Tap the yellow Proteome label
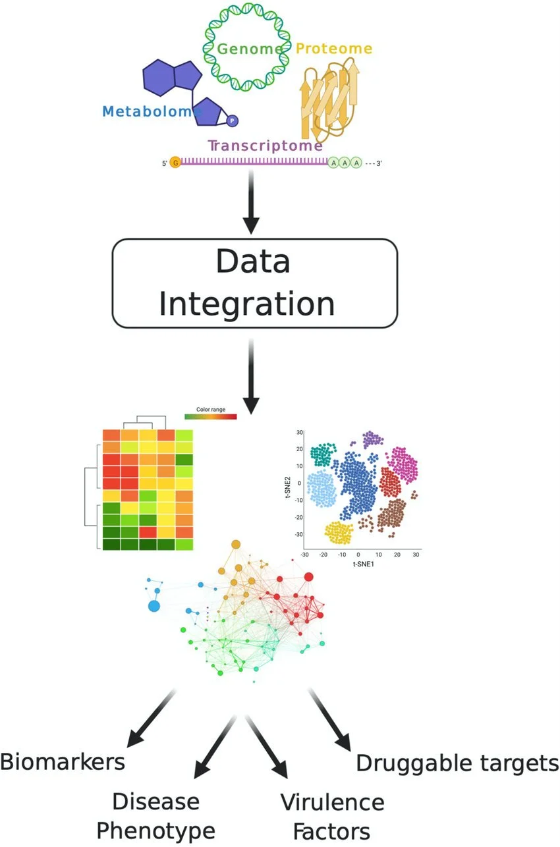pos(333,49)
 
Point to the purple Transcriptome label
pos(266,145)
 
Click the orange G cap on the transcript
pos(175,161)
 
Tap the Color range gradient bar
pos(211,416)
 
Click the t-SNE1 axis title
pos(360,564)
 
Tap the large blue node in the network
pos(154,606)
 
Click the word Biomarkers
pos(63,762)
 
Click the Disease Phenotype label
pos(156,815)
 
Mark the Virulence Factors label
pos(332,815)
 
